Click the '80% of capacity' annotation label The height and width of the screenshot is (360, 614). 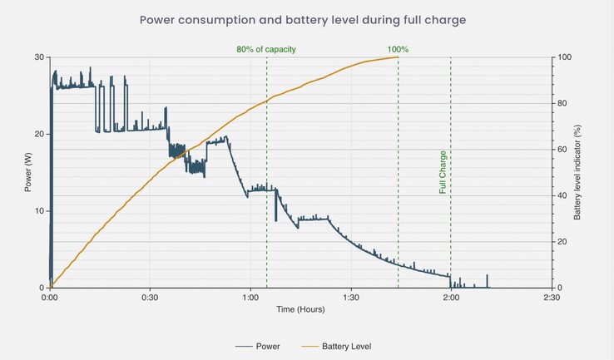click(266, 50)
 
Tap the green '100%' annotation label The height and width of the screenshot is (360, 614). click(398, 50)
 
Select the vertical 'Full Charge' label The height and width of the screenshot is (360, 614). click(443, 172)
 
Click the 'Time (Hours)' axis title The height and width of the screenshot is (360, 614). click(300, 309)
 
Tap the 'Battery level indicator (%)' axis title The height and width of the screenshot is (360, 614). click(577, 172)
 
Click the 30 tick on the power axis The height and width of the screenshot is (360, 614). click(38, 57)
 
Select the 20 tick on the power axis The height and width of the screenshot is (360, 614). click(38, 134)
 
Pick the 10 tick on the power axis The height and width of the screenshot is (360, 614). click(38, 211)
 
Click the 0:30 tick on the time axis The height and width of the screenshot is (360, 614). click(150, 297)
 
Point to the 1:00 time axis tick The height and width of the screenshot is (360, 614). click(250, 297)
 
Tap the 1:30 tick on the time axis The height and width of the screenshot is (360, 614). click(350, 297)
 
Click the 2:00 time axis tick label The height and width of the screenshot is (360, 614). click(451, 297)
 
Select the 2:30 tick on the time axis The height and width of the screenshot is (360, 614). click(551, 297)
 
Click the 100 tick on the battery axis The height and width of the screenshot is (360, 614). click(565, 57)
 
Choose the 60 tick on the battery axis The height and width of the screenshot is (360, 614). click(563, 150)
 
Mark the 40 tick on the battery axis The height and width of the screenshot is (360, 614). click(563, 195)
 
